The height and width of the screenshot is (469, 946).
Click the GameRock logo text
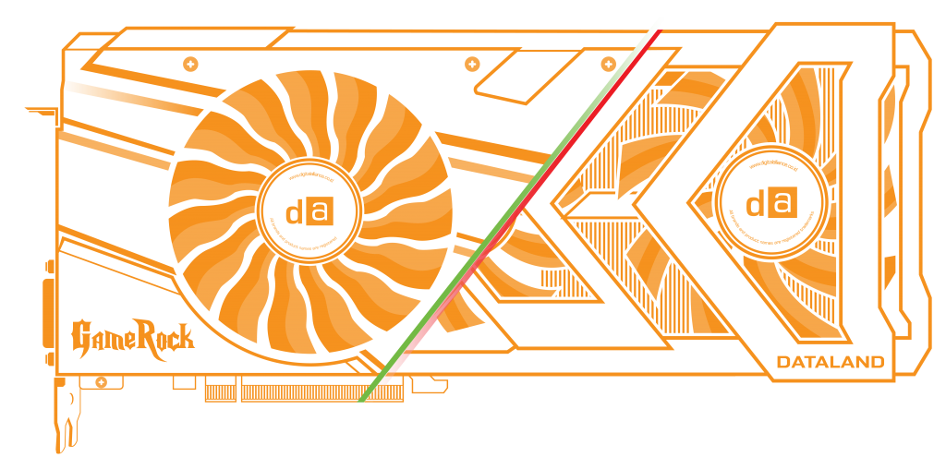click(133, 335)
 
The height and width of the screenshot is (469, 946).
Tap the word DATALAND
click(831, 361)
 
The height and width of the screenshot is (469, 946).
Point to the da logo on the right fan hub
click(770, 203)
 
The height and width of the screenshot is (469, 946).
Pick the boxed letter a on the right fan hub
click(782, 202)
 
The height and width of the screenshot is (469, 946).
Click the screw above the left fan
click(190, 64)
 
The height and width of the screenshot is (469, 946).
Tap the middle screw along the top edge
click(472, 64)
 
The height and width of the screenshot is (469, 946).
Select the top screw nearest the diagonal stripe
click(608, 64)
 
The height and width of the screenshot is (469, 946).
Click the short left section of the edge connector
click(221, 391)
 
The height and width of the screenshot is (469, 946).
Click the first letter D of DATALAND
click(782, 361)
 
